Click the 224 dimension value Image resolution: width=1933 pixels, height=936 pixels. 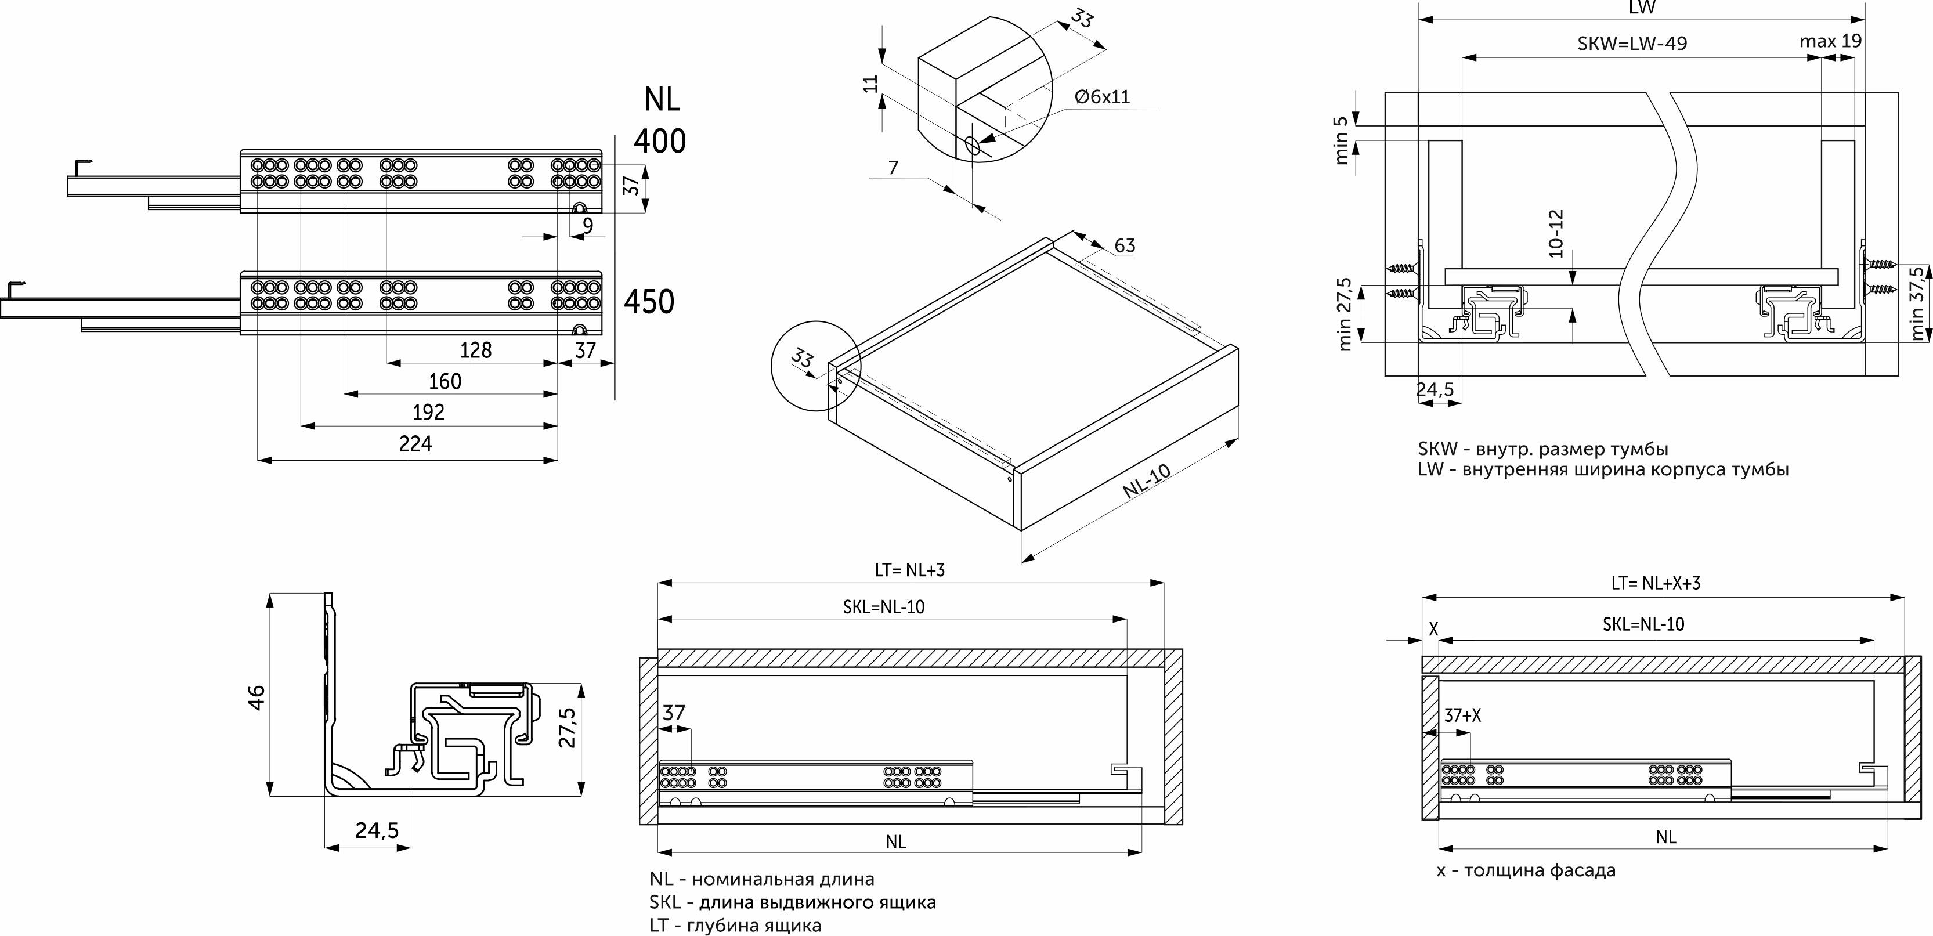[x=415, y=443]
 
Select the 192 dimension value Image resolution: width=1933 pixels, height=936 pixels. [x=428, y=412]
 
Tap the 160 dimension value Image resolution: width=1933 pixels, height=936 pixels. [x=445, y=381]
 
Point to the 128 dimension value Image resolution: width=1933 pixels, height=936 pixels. [x=475, y=350]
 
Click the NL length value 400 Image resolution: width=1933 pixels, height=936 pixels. [x=660, y=141]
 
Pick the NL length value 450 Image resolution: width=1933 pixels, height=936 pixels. [x=649, y=302]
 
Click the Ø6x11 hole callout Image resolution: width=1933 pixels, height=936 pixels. [x=1101, y=97]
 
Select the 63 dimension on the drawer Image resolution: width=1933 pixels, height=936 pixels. [x=1125, y=245]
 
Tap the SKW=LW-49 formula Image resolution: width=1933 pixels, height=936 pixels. [x=1632, y=44]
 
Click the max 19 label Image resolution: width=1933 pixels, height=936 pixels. [x=1830, y=41]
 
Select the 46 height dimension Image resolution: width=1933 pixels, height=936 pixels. [x=256, y=698]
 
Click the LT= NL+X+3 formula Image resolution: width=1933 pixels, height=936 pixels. [x=1656, y=583]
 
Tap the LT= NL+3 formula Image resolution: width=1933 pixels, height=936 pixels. [x=909, y=570]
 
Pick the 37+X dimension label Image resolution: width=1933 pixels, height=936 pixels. [x=1462, y=716]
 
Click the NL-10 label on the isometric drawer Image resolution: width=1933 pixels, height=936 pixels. [x=1146, y=481]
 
